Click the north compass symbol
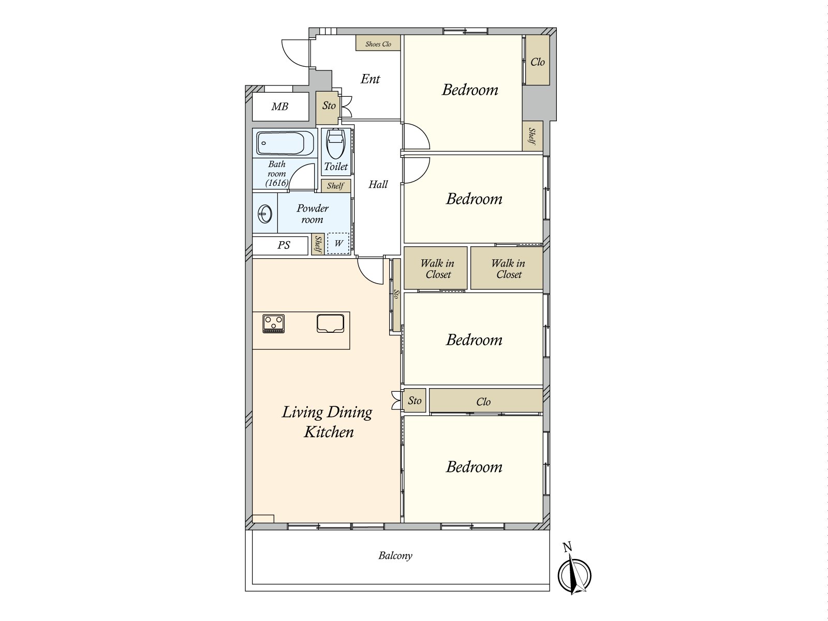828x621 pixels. click(574, 575)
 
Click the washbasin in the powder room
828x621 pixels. click(265, 214)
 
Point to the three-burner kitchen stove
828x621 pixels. click(273, 324)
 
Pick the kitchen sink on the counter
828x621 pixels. click(330, 323)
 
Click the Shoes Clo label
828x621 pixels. click(378, 44)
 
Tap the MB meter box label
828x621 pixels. click(279, 107)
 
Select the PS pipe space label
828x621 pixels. click(284, 245)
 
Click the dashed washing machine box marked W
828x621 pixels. click(338, 243)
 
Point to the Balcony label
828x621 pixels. click(395, 556)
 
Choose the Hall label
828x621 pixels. click(378, 184)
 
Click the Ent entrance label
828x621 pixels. click(370, 79)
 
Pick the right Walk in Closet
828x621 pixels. click(507, 268)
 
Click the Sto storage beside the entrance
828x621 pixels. click(327, 108)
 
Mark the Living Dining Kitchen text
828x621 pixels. click(327, 422)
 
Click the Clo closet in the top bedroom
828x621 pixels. click(538, 60)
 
